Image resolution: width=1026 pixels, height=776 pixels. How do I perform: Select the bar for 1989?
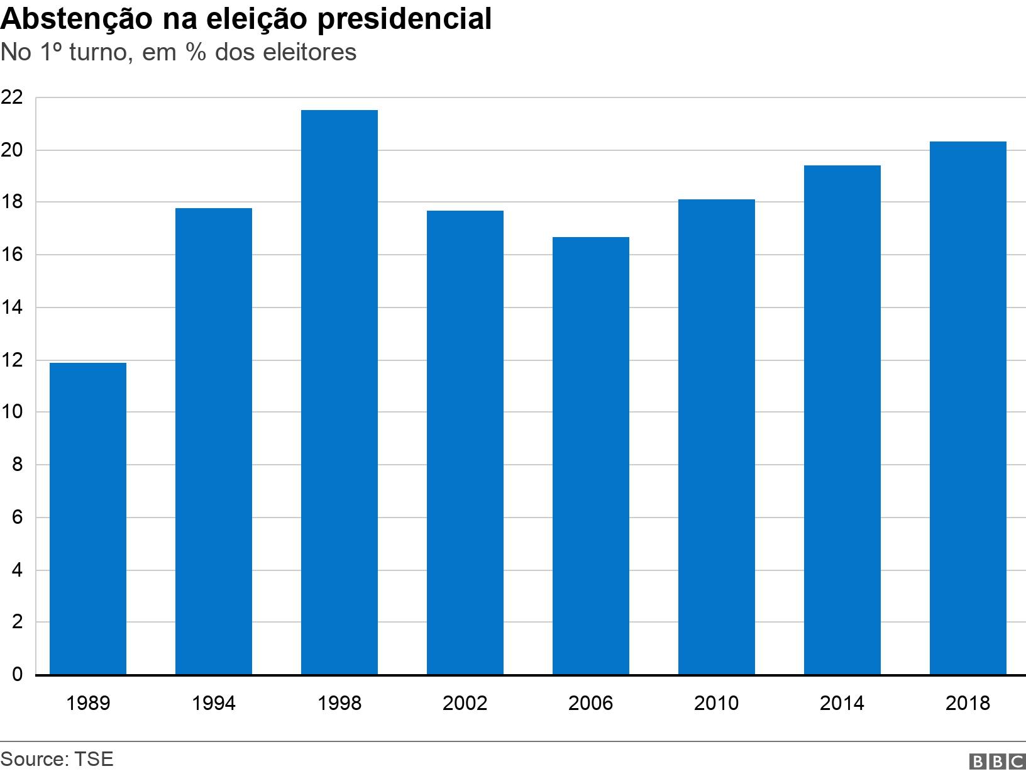88,519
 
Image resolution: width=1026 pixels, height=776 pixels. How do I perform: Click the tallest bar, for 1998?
339,392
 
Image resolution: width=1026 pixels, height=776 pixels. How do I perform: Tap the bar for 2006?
591,456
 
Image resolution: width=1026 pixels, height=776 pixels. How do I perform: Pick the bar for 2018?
968,408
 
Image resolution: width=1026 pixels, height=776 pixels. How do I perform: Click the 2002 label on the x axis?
465,702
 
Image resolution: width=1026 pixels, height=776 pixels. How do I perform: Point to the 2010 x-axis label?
716,702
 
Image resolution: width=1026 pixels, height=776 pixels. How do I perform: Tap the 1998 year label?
339,702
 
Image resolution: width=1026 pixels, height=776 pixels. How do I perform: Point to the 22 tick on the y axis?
12,97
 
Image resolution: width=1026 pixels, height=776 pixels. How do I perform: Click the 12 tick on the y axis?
12,360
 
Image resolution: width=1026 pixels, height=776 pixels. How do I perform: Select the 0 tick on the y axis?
17,675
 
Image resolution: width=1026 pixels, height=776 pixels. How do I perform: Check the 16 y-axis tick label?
12,255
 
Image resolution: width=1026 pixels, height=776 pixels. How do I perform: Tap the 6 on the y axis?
17,518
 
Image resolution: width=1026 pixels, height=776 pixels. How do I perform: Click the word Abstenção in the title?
75,19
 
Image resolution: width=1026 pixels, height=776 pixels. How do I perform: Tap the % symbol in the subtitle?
196,52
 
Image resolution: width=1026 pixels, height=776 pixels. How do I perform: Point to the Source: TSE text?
57,759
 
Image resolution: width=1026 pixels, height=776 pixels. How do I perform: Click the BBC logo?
997,762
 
